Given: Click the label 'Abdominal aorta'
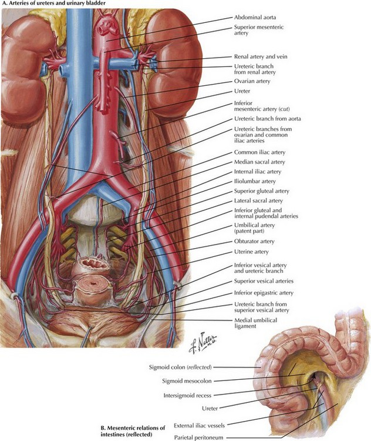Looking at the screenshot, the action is (x=255, y=17).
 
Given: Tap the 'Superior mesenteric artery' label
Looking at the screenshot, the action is (x=259, y=30).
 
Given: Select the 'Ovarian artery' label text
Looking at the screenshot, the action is (x=252, y=81).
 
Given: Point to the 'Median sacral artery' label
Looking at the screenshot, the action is (x=259, y=162).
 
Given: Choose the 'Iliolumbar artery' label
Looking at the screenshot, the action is (x=255, y=182).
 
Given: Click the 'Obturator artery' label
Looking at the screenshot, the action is (x=254, y=241).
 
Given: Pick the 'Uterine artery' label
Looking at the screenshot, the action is (x=251, y=252).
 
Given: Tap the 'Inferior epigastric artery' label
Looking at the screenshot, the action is (x=264, y=293).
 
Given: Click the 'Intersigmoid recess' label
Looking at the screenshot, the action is (x=187, y=396).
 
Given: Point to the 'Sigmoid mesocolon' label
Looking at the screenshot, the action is (x=187, y=381).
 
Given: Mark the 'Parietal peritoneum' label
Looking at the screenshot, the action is (x=198, y=437).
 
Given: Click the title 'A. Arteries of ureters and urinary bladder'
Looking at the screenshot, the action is (x=53, y=4).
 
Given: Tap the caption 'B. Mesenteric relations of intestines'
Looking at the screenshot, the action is (x=133, y=431).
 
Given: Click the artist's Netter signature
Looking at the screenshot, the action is (x=203, y=343).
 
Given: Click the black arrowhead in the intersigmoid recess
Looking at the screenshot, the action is (x=313, y=376).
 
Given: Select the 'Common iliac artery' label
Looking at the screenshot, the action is (x=259, y=152).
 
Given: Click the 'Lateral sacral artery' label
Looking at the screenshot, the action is (x=258, y=201).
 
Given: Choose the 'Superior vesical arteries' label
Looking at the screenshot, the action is (x=264, y=281).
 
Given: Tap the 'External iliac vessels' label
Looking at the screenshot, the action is (x=199, y=426).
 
